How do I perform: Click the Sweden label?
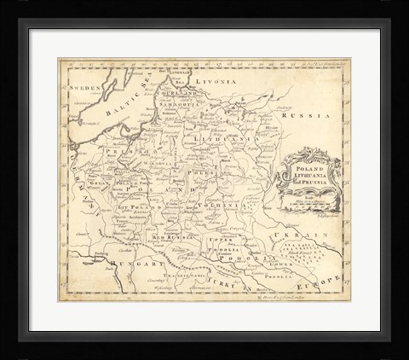pos(86,88)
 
